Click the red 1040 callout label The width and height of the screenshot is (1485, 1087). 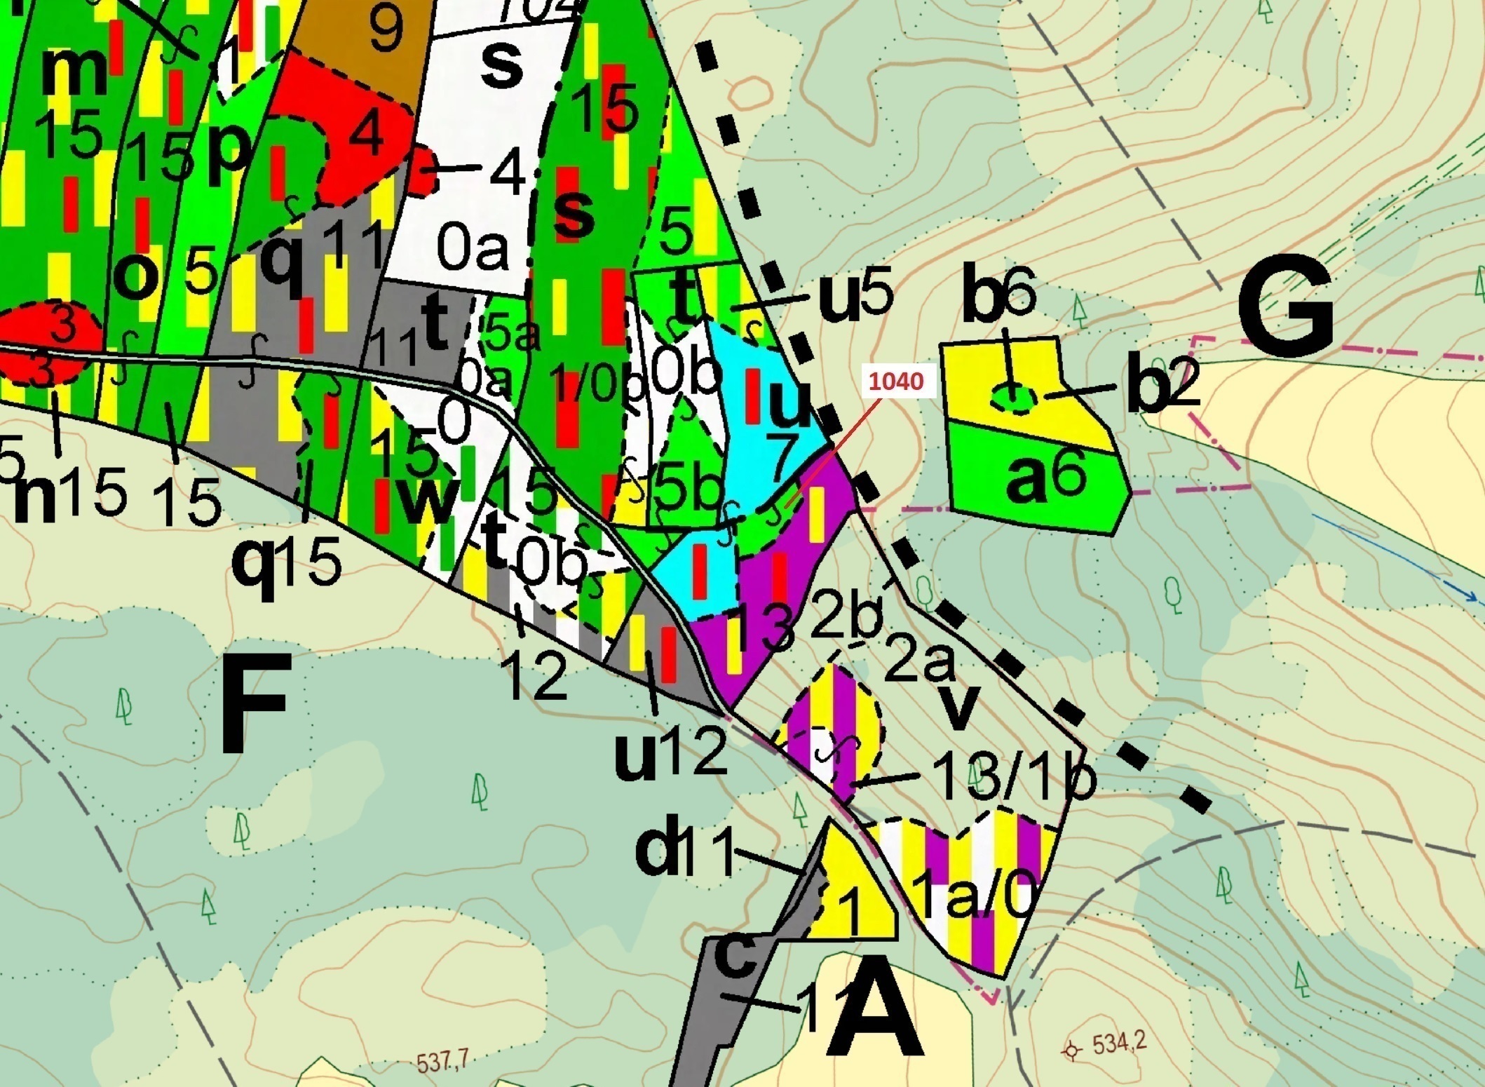897,382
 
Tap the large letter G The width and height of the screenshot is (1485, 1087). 1284,309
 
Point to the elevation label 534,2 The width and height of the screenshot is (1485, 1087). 1119,1044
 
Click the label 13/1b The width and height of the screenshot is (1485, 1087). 1014,778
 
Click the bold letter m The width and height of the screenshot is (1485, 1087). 74,72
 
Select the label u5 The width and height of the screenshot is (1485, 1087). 856,297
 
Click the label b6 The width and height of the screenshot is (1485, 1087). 998,295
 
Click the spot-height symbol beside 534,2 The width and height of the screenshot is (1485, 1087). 1071,1050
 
